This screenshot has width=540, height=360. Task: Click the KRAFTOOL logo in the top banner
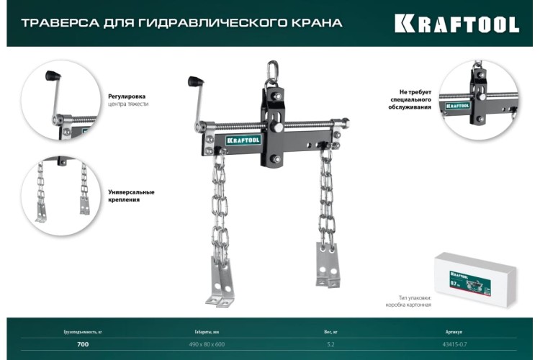click(x=456, y=24)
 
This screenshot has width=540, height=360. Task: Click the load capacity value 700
click(x=83, y=345)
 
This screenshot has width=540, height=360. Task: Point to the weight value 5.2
click(x=330, y=345)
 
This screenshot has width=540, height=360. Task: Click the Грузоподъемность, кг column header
click(x=83, y=332)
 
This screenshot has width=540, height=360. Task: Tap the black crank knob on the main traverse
click(x=194, y=81)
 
